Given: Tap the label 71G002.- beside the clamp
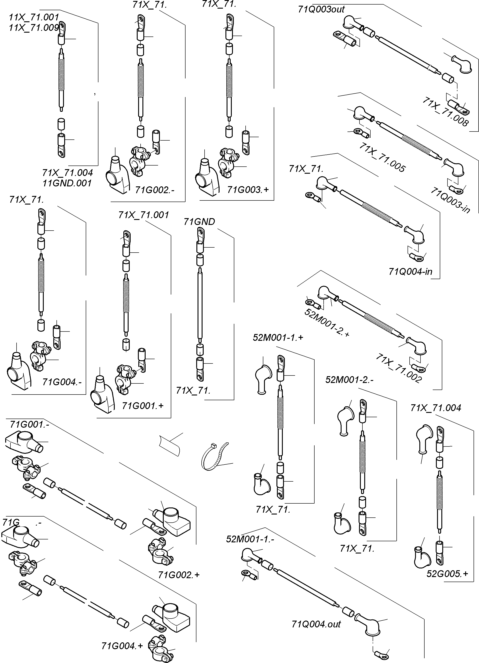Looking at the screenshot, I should (x=155, y=190).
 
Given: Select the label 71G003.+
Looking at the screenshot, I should (x=248, y=190).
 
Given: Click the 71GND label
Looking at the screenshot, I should (x=199, y=222).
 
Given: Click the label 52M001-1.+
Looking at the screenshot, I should (x=278, y=338).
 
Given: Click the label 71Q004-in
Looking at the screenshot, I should (x=410, y=272).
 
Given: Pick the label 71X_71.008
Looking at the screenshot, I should (x=445, y=112).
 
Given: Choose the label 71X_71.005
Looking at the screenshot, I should (x=382, y=157).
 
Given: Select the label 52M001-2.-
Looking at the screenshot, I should (x=349, y=380).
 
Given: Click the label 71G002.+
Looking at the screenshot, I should (x=179, y=575).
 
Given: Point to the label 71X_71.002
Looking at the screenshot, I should (x=398, y=368).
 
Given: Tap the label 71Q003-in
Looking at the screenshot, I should (x=450, y=200).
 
